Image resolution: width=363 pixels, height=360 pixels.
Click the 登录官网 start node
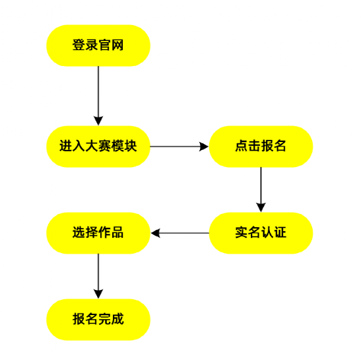pyautogui.click(x=98, y=46)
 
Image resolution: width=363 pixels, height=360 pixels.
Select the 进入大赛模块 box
pyautogui.click(x=98, y=147)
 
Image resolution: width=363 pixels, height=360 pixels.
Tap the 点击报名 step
pyautogui.click(x=261, y=147)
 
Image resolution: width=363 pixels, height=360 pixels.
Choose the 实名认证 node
pyautogui.click(x=261, y=233)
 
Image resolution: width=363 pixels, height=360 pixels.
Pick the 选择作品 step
pyautogui.click(x=98, y=233)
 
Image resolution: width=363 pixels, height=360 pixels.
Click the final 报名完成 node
pyautogui.click(x=98, y=320)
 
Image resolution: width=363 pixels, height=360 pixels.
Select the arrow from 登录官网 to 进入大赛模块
pyautogui.click(x=98, y=92)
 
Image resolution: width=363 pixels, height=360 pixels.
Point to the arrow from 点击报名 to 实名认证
pyautogui.click(x=261, y=188)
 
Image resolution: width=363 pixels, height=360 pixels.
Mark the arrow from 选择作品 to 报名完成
pyautogui.click(x=98, y=273)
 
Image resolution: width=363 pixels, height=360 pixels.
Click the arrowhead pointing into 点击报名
pyautogui.click(x=205, y=147)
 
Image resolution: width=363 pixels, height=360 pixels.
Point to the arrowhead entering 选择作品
pyautogui.click(x=155, y=233)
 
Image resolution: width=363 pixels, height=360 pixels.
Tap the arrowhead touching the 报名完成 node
pyautogui.click(x=98, y=295)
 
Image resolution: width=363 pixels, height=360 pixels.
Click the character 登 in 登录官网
pyautogui.click(x=79, y=46)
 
